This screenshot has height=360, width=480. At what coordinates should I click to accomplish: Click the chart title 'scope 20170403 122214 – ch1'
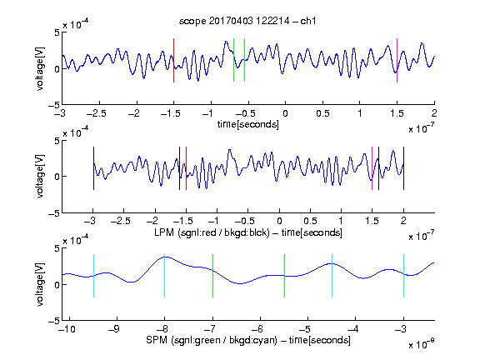coord(247,21)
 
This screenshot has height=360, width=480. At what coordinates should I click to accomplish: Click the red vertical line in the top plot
coord(173,60)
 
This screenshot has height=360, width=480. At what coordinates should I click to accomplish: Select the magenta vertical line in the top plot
coord(397,60)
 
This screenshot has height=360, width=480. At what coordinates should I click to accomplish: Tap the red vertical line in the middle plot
coord(186,168)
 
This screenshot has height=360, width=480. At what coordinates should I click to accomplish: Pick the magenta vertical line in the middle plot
coord(372,168)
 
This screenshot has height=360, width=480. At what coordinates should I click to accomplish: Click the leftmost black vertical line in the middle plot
coord(93,168)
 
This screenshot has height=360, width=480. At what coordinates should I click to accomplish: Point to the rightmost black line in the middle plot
coord(403,168)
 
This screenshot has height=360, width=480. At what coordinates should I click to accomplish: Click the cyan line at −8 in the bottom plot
coord(164,276)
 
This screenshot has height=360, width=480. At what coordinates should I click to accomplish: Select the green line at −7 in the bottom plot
coord(212,276)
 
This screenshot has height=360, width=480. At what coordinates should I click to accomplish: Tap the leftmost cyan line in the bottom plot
coord(93,276)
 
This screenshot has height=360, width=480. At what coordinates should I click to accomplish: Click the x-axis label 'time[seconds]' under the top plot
coord(248,125)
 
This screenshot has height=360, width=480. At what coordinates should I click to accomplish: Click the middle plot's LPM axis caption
coord(248,232)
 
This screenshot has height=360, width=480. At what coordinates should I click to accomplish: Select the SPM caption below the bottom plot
coord(248,340)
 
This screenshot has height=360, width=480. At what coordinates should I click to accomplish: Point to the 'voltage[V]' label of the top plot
coord(40,68)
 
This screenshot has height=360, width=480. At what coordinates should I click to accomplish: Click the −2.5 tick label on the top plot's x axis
coord(96,113)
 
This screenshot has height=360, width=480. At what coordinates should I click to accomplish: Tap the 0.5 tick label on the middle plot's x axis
coord(310,221)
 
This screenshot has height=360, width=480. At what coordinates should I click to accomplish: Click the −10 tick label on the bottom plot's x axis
coord(67,329)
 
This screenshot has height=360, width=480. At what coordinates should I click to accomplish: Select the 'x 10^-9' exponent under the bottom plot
coord(421,344)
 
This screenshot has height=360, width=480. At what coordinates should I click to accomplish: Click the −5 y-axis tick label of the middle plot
coord(54,213)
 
